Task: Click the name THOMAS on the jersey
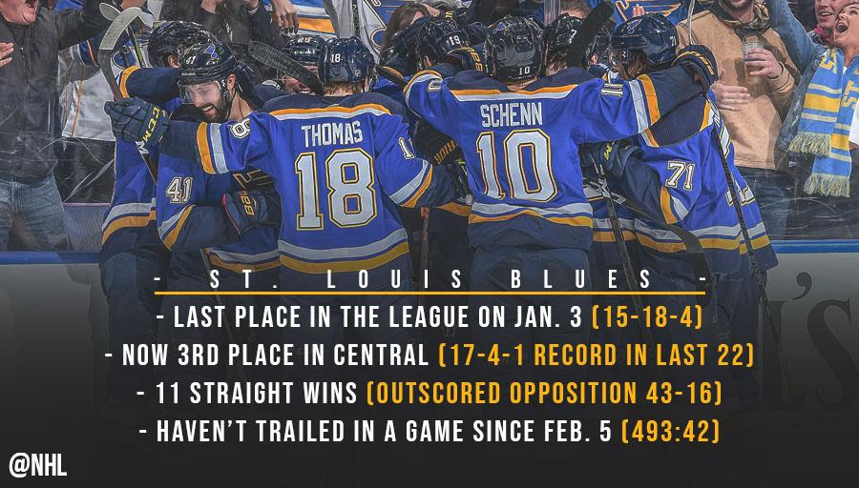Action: pos(332,134)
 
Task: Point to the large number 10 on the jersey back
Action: pos(515,167)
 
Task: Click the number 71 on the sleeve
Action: pos(681,175)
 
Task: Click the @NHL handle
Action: pos(38,466)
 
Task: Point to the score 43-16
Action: pos(679,394)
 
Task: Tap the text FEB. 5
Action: pos(572,432)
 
